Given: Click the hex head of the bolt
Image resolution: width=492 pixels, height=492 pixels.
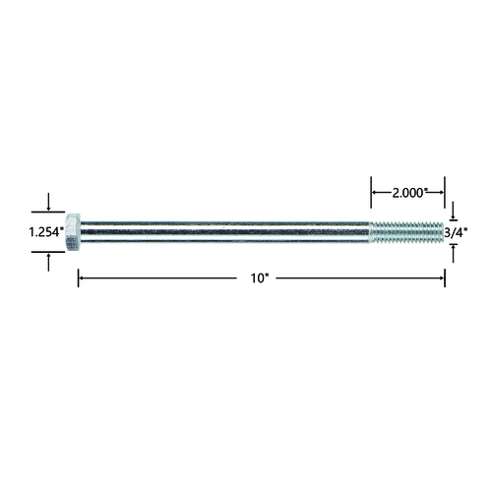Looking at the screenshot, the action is click(x=73, y=232).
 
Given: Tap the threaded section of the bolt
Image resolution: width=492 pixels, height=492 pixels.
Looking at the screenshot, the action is click(x=406, y=232).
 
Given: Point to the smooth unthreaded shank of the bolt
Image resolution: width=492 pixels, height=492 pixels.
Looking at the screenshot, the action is click(x=225, y=232).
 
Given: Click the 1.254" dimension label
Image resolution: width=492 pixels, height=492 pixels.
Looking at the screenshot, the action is click(x=46, y=232).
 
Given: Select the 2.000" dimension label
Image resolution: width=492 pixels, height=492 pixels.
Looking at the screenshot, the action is click(x=408, y=193).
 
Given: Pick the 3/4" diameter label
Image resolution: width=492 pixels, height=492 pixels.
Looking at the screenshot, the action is click(x=456, y=233).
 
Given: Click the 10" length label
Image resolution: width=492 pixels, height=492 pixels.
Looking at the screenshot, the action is click(x=260, y=278).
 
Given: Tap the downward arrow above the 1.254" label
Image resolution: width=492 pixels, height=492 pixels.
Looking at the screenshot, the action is click(x=48, y=202).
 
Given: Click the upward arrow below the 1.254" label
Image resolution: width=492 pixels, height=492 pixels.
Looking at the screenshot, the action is click(x=48, y=263).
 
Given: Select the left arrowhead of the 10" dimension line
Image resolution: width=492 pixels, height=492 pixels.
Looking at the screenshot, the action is click(x=82, y=278).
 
